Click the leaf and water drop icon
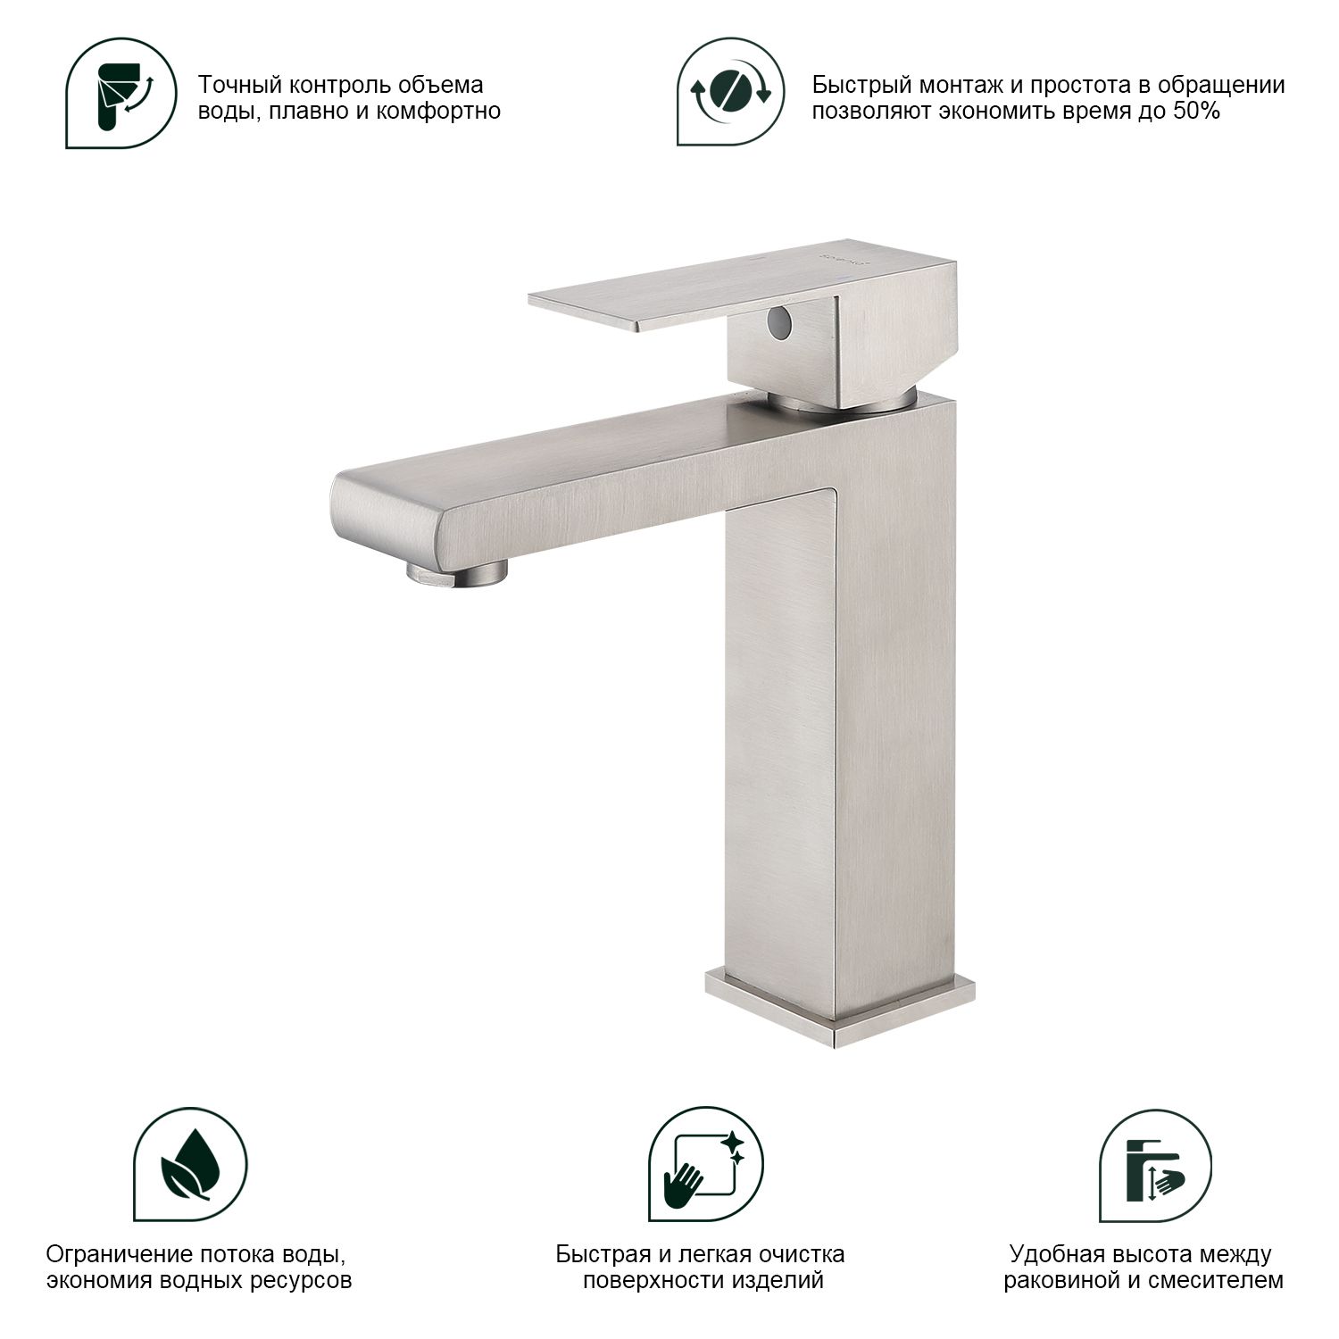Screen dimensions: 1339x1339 coord(190,1165)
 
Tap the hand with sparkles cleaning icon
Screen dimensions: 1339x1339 coord(706,1165)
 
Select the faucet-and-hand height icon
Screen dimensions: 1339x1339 coord(1155,1165)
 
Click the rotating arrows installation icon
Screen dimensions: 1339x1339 coord(731,91)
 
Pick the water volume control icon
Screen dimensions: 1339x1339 coord(121,93)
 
